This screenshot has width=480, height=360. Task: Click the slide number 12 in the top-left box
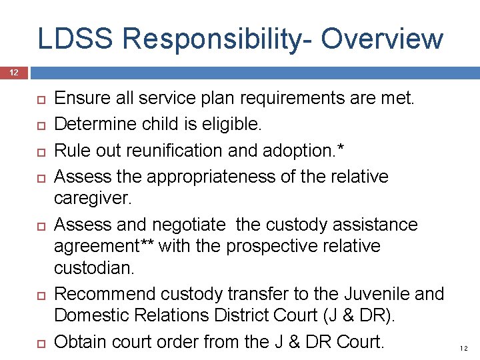(x=15, y=72)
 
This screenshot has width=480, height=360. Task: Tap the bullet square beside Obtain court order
(x=38, y=342)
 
